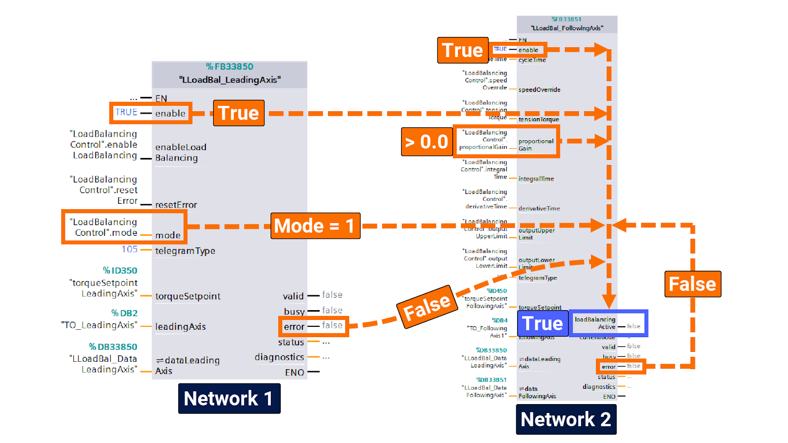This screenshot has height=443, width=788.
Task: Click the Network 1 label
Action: click(229, 398)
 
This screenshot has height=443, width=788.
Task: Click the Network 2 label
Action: click(566, 419)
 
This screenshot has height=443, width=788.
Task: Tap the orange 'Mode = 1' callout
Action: click(315, 226)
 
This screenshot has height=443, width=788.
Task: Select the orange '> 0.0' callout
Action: click(427, 142)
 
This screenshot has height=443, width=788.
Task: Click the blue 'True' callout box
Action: click(542, 323)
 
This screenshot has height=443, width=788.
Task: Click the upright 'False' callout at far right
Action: click(692, 284)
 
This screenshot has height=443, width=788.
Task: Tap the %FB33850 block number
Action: click(230, 66)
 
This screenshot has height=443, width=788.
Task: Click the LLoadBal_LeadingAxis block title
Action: click(230, 80)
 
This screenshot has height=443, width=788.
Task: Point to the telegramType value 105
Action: click(130, 249)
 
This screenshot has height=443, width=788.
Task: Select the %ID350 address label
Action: click(120, 270)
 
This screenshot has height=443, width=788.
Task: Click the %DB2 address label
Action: click(124, 313)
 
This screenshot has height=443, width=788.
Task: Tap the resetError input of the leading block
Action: click(176, 205)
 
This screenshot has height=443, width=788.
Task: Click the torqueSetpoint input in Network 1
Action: click(188, 296)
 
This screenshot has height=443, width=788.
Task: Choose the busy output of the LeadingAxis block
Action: click(294, 311)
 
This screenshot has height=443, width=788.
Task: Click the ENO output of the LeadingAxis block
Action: click(294, 373)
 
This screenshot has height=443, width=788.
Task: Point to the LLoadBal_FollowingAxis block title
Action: click(567, 28)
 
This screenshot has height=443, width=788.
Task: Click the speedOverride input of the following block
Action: click(539, 90)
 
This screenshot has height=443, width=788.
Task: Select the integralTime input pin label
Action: click(536, 179)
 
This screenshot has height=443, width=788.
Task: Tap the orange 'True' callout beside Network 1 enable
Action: click(239, 113)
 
